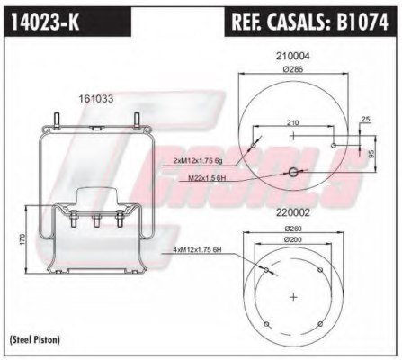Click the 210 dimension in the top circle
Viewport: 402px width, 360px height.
pos(291,122)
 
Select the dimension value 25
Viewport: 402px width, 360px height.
pos(364,119)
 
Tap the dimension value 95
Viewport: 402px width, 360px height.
pos(371,152)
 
